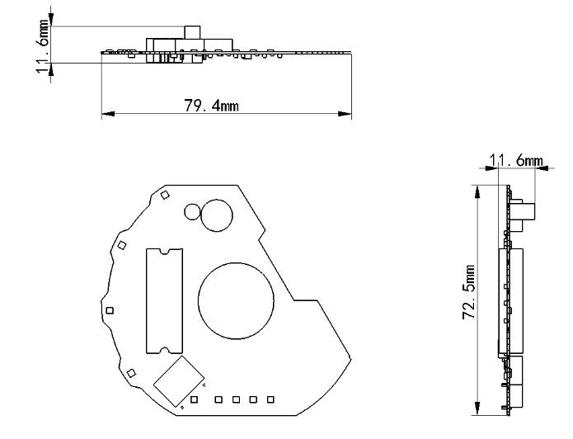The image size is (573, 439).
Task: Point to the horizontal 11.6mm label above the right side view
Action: point(516,160)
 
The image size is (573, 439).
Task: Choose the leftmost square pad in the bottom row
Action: point(194,400)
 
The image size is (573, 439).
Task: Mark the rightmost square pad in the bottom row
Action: point(270,400)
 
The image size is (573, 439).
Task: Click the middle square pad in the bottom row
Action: point(236,400)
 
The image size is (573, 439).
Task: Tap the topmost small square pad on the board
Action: point(164,195)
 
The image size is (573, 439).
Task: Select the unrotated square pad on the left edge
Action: point(110,310)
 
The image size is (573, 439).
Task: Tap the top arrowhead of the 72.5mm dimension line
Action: point(476,189)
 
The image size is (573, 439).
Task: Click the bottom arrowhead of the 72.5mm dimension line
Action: point(476,410)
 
